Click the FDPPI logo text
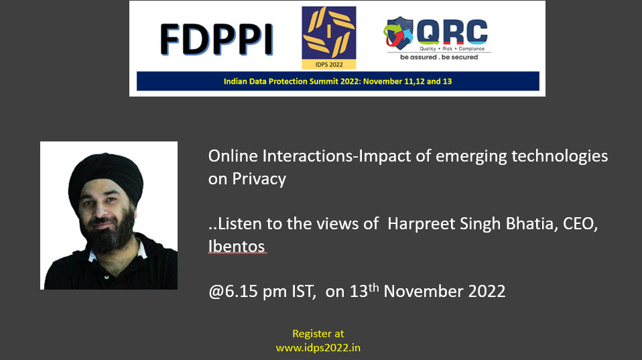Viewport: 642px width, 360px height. [x=216, y=40]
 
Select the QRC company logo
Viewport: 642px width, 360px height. [x=437, y=38]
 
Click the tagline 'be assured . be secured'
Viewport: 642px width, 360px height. [x=439, y=58]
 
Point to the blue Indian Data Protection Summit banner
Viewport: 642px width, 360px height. [x=338, y=81]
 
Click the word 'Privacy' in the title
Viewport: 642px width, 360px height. [x=259, y=179]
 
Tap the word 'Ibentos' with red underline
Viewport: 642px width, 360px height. [x=237, y=247]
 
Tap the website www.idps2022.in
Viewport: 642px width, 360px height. [x=318, y=348]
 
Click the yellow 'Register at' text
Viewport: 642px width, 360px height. [x=318, y=334]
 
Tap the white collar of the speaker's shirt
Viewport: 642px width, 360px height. [x=141, y=250]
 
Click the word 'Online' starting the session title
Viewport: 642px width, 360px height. [x=233, y=156]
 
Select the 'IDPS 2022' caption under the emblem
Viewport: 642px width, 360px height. [x=329, y=64]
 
